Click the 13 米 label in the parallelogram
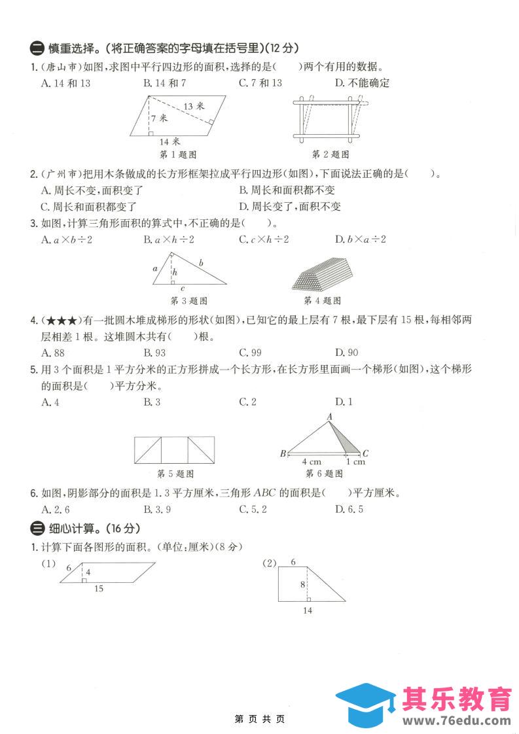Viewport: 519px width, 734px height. click(194, 106)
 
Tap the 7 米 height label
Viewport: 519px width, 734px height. click(158, 119)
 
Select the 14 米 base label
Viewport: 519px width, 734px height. click(169, 141)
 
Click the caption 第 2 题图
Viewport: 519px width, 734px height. click(330, 154)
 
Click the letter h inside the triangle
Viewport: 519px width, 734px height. click(175, 270)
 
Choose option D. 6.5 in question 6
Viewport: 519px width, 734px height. click(349, 509)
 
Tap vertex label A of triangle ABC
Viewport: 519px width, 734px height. click(330, 417)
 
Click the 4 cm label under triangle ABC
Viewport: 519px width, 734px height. click(312, 462)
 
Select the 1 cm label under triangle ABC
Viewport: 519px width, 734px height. click(355, 462)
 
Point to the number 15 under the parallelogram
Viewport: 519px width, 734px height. click(98, 589)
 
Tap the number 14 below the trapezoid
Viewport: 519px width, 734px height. click(308, 610)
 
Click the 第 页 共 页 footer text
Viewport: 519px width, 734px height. click(260, 719)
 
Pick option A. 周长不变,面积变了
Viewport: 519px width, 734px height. click(92, 190)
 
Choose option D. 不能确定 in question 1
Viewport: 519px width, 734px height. click(362, 83)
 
